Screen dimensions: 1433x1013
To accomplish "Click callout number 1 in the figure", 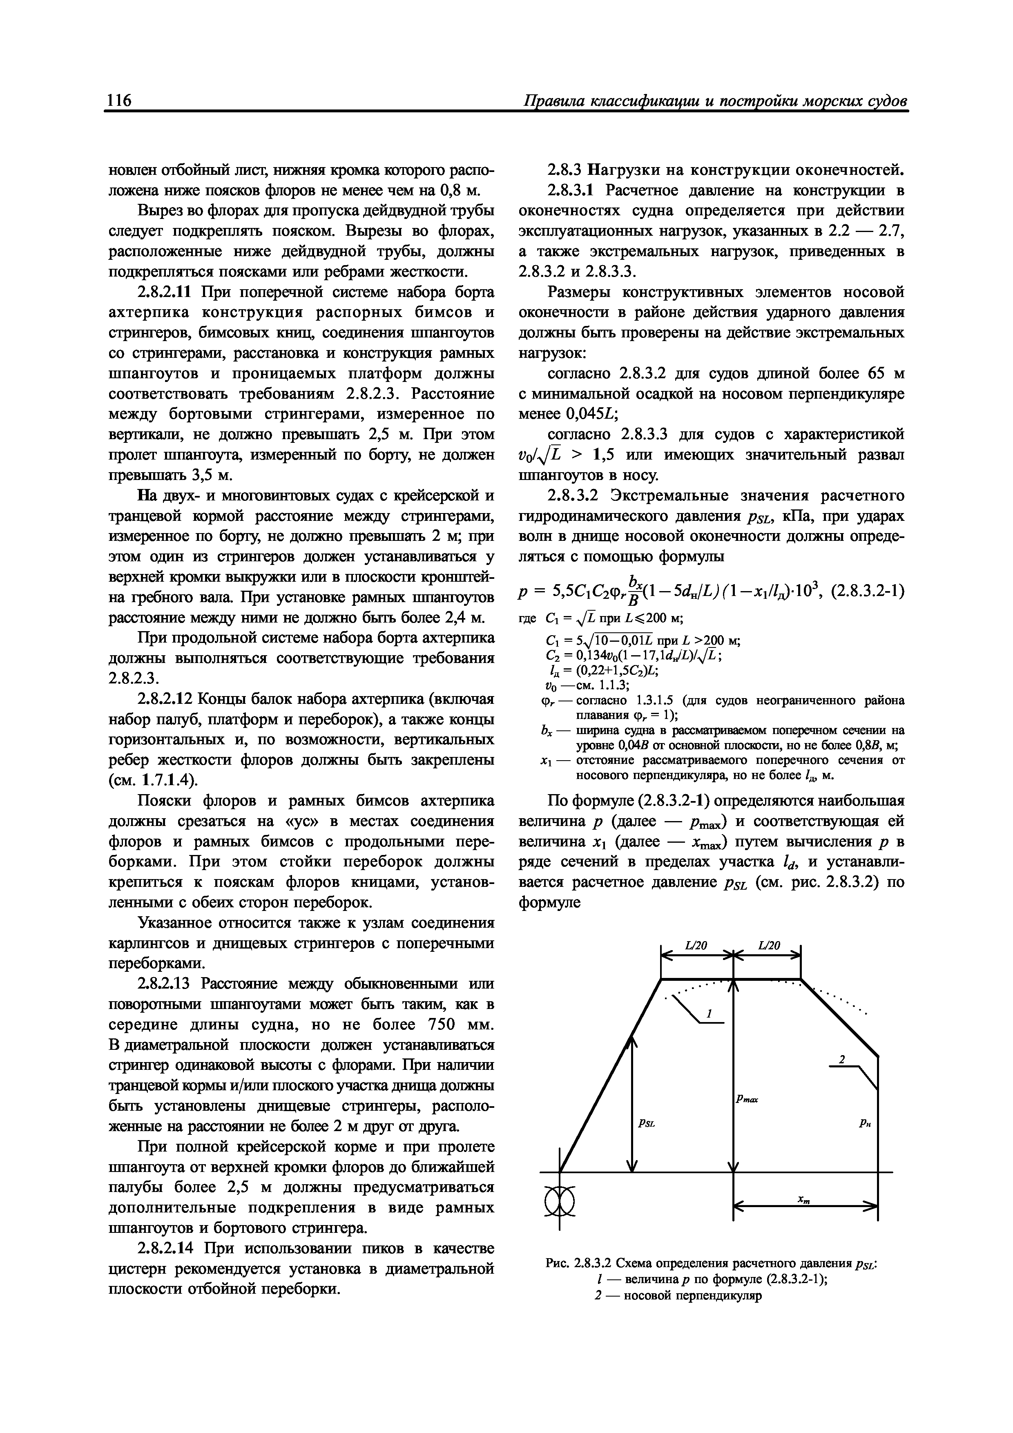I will click(710, 1014).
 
